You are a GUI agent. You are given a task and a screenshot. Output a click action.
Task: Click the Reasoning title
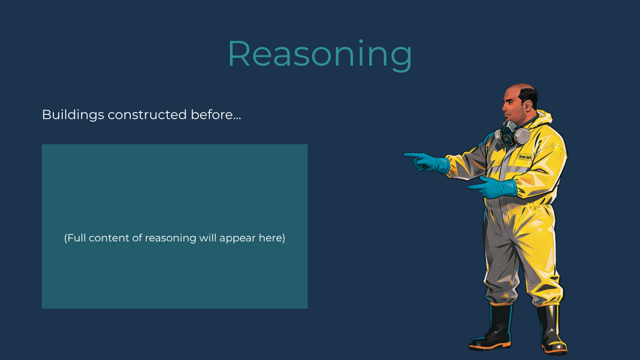[x=320, y=54]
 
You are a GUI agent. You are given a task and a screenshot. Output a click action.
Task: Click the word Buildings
[x=73, y=115]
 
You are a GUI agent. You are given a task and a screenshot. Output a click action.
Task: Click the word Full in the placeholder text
[x=76, y=238]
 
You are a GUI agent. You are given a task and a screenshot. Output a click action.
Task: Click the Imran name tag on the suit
[x=525, y=157]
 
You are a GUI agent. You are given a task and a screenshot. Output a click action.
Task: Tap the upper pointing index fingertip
[x=406, y=154]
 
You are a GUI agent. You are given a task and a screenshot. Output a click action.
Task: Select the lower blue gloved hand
[x=497, y=187]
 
